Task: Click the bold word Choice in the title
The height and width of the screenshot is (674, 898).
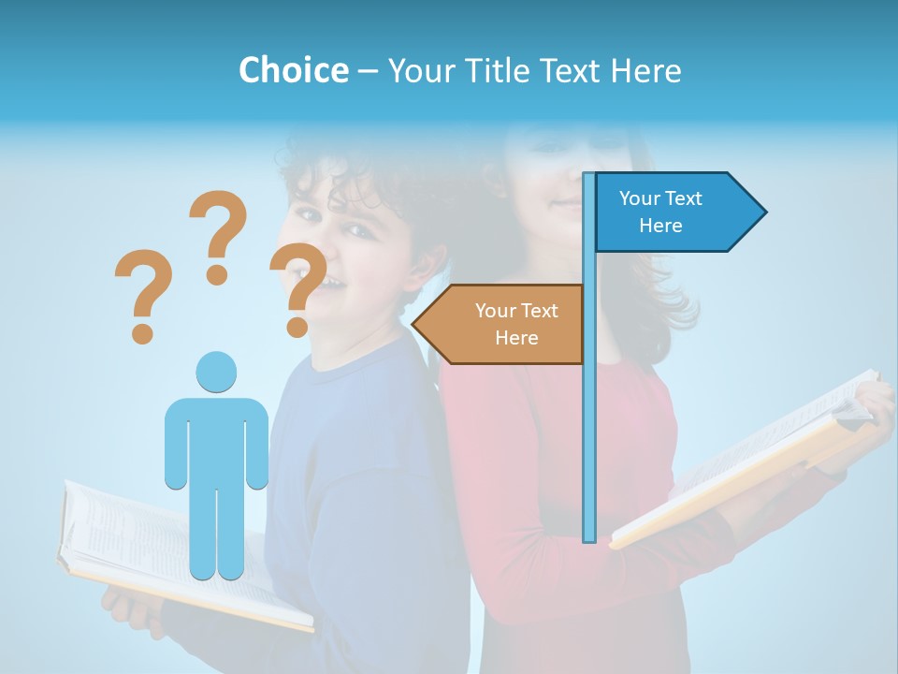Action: [293, 70]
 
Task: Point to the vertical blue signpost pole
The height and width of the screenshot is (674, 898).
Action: [589, 421]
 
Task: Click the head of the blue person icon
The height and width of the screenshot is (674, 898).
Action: [216, 372]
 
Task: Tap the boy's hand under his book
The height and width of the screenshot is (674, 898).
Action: [126, 608]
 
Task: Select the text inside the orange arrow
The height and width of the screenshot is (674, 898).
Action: [516, 324]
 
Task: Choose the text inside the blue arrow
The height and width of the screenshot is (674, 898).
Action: [660, 212]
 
